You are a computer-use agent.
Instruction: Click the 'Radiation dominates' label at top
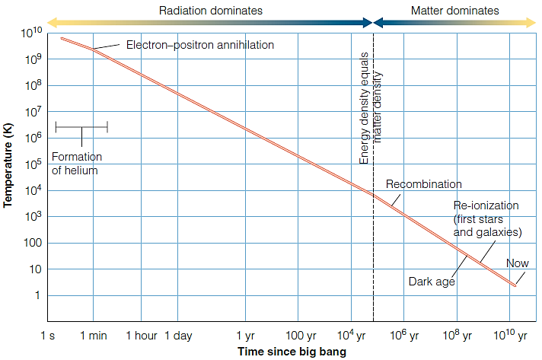click(x=210, y=11)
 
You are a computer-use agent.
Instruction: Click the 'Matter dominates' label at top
click(x=454, y=11)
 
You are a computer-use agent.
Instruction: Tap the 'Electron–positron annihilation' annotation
click(x=199, y=45)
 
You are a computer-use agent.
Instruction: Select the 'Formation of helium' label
click(x=75, y=164)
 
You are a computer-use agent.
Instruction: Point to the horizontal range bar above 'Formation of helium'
click(x=81, y=127)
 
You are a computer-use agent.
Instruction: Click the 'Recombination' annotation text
click(x=423, y=184)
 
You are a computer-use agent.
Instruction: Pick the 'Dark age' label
click(x=432, y=282)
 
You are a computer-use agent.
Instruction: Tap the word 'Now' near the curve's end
click(x=518, y=264)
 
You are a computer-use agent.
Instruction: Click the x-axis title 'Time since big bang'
click(x=292, y=352)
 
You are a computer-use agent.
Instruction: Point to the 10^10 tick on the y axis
click(x=31, y=33)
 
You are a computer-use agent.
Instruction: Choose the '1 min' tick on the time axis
click(x=93, y=335)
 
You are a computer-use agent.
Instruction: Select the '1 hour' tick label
click(x=140, y=335)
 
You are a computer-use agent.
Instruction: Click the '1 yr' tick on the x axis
click(x=245, y=335)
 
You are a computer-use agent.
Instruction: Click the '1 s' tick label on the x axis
click(x=47, y=335)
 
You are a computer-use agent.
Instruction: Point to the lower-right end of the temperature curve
click(x=515, y=285)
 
